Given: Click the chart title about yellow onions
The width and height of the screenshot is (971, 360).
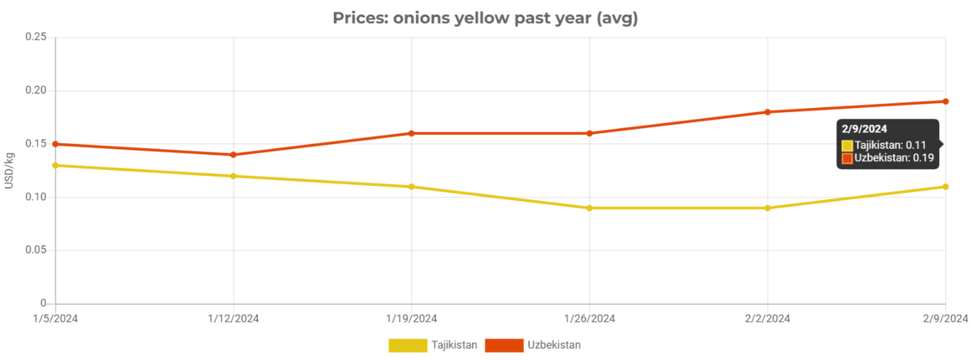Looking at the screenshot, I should [485, 18].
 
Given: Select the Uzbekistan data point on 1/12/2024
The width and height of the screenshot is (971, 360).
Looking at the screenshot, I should [233, 155].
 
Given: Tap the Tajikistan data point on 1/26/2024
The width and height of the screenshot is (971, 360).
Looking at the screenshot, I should [589, 208].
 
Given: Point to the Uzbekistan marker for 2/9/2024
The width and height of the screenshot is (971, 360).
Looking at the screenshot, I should [945, 101].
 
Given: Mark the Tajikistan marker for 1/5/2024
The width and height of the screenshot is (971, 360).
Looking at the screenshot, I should [55, 165].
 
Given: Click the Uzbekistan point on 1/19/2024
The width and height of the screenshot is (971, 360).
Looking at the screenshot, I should [411, 133].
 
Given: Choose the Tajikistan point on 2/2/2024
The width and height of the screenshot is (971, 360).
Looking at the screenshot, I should [767, 208].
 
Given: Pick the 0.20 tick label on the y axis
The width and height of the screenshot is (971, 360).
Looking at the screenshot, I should [35, 90].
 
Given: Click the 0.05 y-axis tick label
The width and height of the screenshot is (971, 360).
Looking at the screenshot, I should [35, 250].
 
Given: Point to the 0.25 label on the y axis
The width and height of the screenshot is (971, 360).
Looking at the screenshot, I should [35, 37].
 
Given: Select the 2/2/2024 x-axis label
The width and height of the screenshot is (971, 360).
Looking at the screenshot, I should [767, 318].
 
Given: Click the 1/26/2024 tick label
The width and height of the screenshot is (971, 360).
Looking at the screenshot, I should [590, 318].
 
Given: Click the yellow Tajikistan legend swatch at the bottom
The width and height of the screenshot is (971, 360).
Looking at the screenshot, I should [407, 345].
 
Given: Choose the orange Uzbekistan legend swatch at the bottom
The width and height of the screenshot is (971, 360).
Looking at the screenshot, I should [503, 345].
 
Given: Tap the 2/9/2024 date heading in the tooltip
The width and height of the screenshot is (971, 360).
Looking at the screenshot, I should [864, 128].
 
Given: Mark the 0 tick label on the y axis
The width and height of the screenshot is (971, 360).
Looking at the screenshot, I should [43, 303].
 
